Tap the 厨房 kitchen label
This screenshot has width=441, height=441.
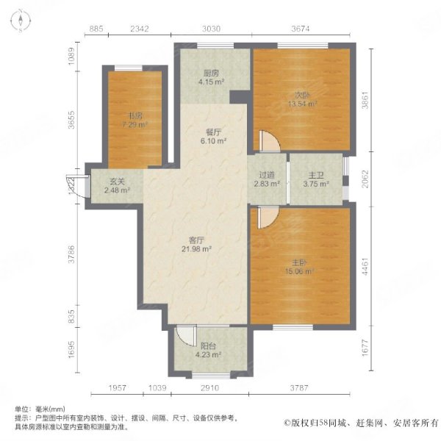(x=212, y=73)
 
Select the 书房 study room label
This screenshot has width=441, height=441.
(x=135, y=115)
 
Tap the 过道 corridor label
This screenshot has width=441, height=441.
(x=266, y=176)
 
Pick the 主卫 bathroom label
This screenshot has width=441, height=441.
(x=315, y=176)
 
